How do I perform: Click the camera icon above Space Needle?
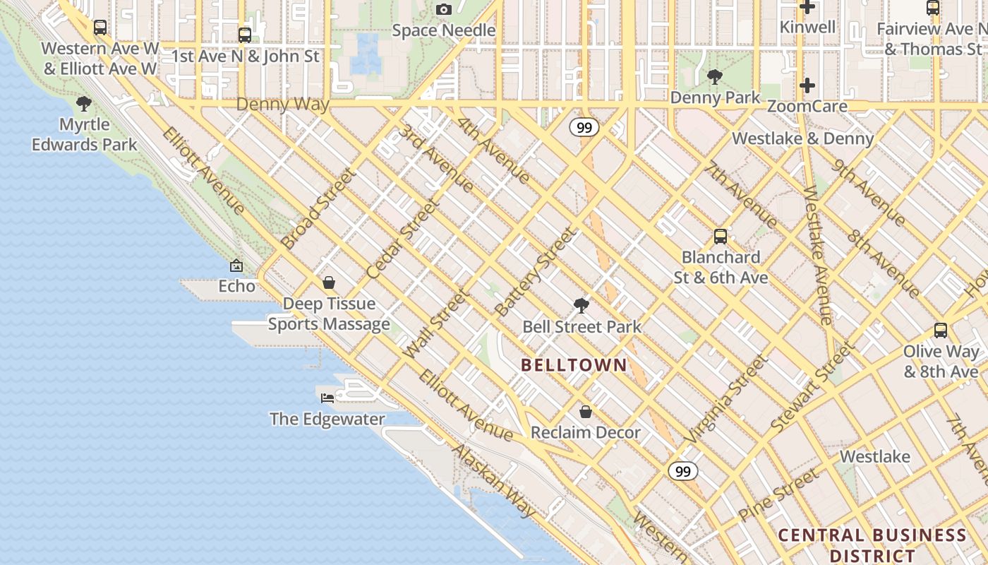tap(443, 9)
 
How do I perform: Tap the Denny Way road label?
tap(282, 105)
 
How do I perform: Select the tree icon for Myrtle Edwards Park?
tap(84, 104)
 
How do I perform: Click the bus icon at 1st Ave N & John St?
tap(245, 35)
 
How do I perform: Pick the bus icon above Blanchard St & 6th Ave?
tap(720, 237)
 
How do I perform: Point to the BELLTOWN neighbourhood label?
tap(574, 365)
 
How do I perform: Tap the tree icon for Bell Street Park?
tap(582, 305)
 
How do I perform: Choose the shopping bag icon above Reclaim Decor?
tap(585, 411)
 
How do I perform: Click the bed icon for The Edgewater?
tap(327, 398)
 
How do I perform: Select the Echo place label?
tap(236, 286)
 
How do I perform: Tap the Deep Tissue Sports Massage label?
tap(329, 314)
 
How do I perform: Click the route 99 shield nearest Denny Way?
tap(584, 127)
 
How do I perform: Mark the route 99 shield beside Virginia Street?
tap(682, 471)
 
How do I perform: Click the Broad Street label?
tap(318, 208)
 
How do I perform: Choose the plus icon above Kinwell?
tap(807, 8)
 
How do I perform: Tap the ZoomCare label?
tap(807, 107)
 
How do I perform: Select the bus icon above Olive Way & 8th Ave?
tap(940, 331)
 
